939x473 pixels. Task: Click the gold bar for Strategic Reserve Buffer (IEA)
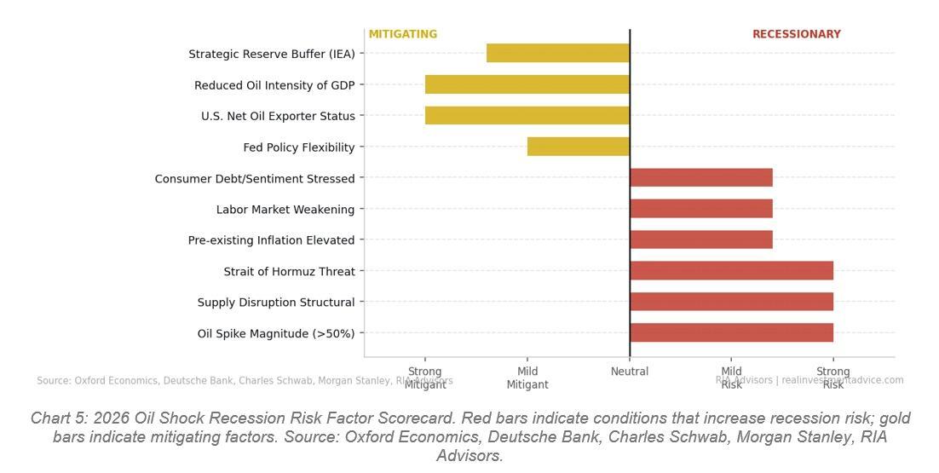click(x=558, y=53)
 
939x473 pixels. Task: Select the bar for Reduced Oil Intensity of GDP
click(x=527, y=84)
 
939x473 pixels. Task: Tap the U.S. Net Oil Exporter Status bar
click(x=527, y=115)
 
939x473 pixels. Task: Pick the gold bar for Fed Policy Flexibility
click(x=579, y=147)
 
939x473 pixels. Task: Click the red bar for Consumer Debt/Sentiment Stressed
click(x=701, y=177)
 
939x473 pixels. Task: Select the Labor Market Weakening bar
click(x=701, y=209)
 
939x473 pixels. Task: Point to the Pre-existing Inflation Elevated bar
click(x=701, y=239)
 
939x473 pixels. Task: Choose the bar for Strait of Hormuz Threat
click(x=731, y=271)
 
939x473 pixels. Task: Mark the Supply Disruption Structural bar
click(x=731, y=302)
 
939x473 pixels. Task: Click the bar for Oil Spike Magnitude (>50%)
click(x=731, y=332)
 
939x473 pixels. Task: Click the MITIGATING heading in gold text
click(x=403, y=35)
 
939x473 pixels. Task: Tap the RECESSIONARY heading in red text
click(x=796, y=35)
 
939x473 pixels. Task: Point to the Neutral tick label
click(x=630, y=372)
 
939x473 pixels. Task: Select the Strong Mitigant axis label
click(x=425, y=378)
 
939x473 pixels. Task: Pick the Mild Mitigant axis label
click(x=527, y=378)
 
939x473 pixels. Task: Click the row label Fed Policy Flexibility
click(x=299, y=147)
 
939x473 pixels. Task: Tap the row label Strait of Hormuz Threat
click(x=290, y=272)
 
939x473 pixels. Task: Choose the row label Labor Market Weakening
click(x=285, y=210)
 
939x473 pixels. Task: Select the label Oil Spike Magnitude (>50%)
click(x=276, y=334)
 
